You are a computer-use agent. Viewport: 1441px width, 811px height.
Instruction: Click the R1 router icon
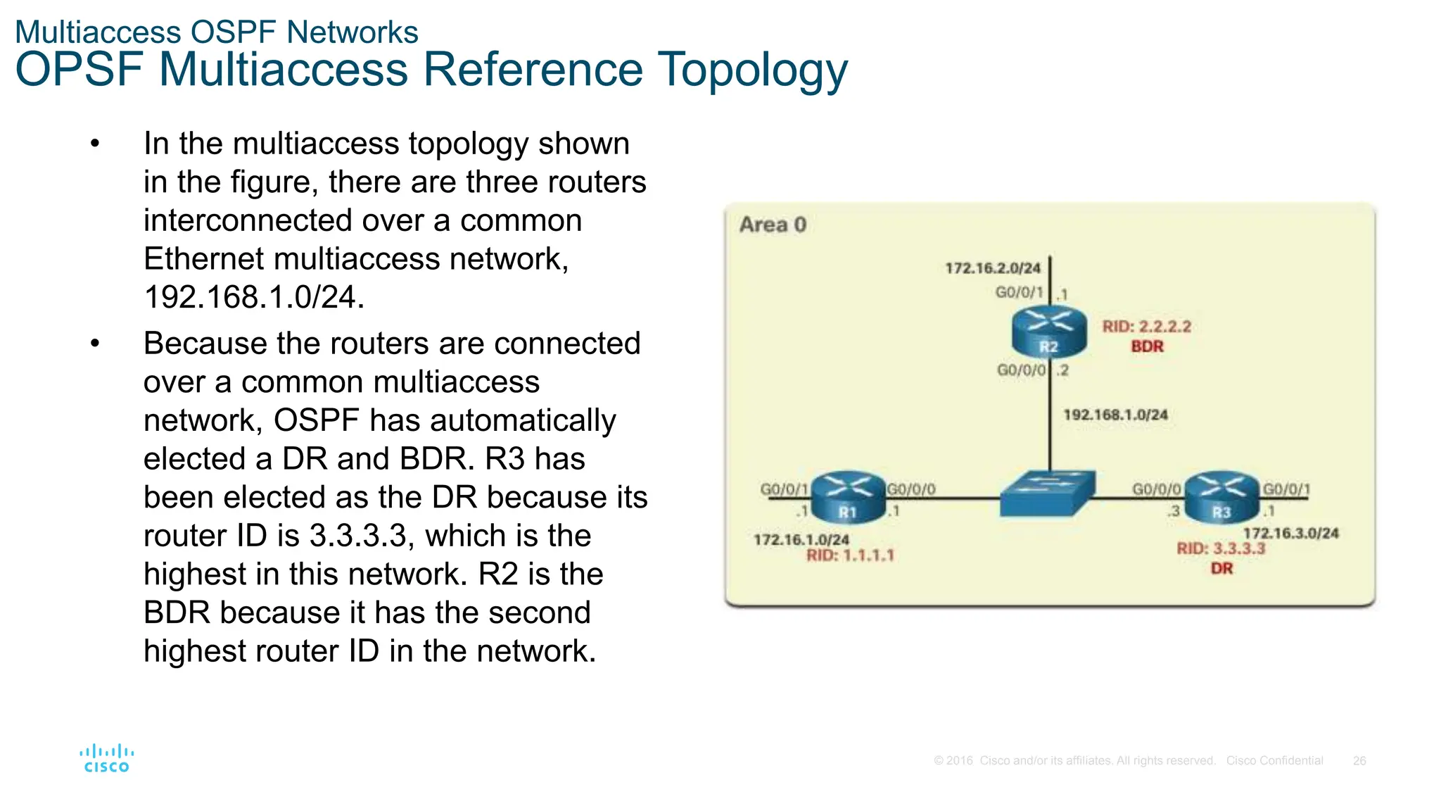pyautogui.click(x=848, y=497)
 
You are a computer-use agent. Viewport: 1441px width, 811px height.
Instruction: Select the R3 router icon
pyautogui.click(x=1221, y=497)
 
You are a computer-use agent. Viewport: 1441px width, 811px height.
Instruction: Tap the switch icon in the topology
pyautogui.click(x=1048, y=493)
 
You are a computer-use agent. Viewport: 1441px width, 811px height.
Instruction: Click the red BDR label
pyautogui.click(x=1147, y=346)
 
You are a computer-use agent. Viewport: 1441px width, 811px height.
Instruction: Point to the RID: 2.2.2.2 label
pyautogui.click(x=1146, y=327)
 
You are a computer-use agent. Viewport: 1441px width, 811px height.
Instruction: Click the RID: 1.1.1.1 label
pyautogui.click(x=850, y=555)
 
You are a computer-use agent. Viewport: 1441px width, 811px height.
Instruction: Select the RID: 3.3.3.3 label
pyautogui.click(x=1221, y=548)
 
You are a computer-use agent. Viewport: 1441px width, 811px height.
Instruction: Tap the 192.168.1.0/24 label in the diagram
pyautogui.click(x=1115, y=415)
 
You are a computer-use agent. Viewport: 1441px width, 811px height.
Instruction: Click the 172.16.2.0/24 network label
pyautogui.click(x=992, y=268)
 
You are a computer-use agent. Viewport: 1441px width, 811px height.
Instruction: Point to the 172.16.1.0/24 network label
pyautogui.click(x=801, y=540)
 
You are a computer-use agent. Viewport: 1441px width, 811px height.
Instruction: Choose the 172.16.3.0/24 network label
pyautogui.click(x=1290, y=533)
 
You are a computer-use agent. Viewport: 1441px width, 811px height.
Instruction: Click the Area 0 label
pyautogui.click(x=773, y=225)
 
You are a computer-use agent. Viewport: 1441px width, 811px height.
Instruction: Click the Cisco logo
pyautogui.click(x=106, y=759)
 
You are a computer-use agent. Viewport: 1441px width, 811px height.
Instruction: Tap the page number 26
pyautogui.click(x=1359, y=761)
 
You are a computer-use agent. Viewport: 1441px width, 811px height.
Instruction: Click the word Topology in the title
pyautogui.click(x=752, y=70)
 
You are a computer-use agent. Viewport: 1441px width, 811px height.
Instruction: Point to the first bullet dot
pyautogui.click(x=96, y=144)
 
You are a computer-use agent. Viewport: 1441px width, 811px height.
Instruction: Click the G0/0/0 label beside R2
pyautogui.click(x=1021, y=370)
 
